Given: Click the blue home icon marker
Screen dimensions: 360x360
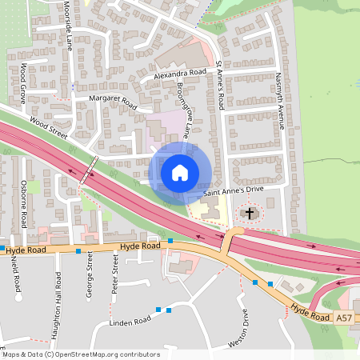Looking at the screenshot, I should point(180,173).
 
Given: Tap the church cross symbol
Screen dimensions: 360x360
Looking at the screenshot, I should point(250,213).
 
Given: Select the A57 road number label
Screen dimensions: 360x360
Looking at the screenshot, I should point(343,318).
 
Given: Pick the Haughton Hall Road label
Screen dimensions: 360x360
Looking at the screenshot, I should point(58,292).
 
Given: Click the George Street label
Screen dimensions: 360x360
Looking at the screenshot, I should point(90,274).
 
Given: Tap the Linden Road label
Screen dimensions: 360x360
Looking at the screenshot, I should point(130,322).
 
